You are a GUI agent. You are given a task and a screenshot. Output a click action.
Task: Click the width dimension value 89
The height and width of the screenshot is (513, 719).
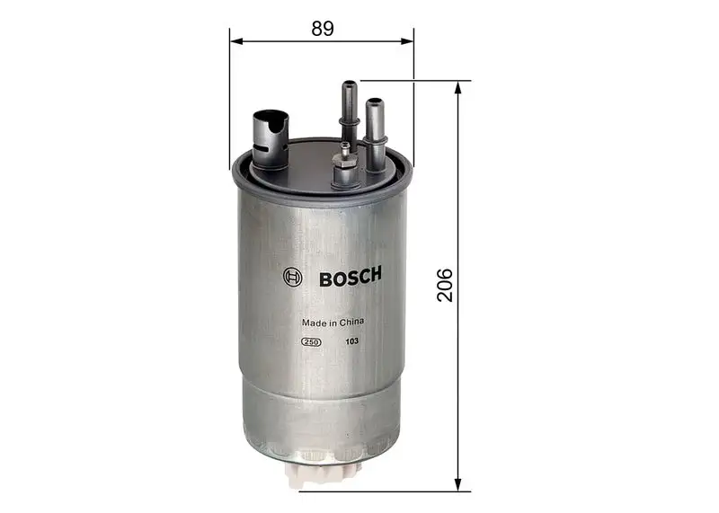click(x=323, y=28)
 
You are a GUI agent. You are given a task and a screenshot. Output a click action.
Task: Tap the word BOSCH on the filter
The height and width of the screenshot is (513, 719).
click(x=351, y=277)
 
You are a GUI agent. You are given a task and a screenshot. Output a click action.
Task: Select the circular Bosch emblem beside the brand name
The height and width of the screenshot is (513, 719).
click(x=292, y=278)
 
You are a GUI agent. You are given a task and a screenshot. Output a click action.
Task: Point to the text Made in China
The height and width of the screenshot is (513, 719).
click(x=332, y=322)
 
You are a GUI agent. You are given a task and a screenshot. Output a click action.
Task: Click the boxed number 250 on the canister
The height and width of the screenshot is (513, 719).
click(x=311, y=342)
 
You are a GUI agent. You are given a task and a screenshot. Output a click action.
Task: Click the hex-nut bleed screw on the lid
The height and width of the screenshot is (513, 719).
click(x=343, y=165)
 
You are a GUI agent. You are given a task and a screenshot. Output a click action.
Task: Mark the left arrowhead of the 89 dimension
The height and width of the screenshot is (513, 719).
click(x=235, y=40)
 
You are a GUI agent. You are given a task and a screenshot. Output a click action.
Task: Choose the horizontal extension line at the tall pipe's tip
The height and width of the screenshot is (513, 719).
click(x=413, y=81)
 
